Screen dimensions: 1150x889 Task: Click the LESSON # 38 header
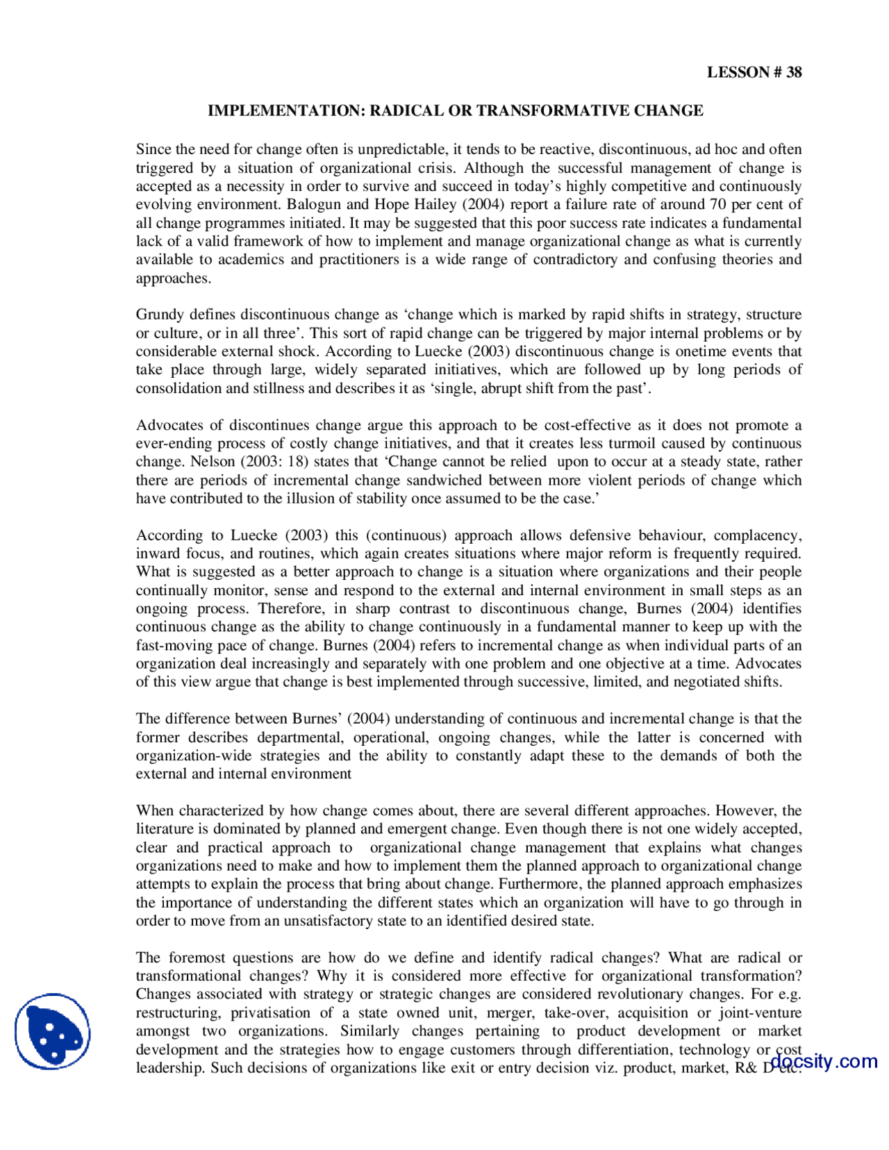point(754,72)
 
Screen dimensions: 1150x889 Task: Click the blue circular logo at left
point(53,1031)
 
